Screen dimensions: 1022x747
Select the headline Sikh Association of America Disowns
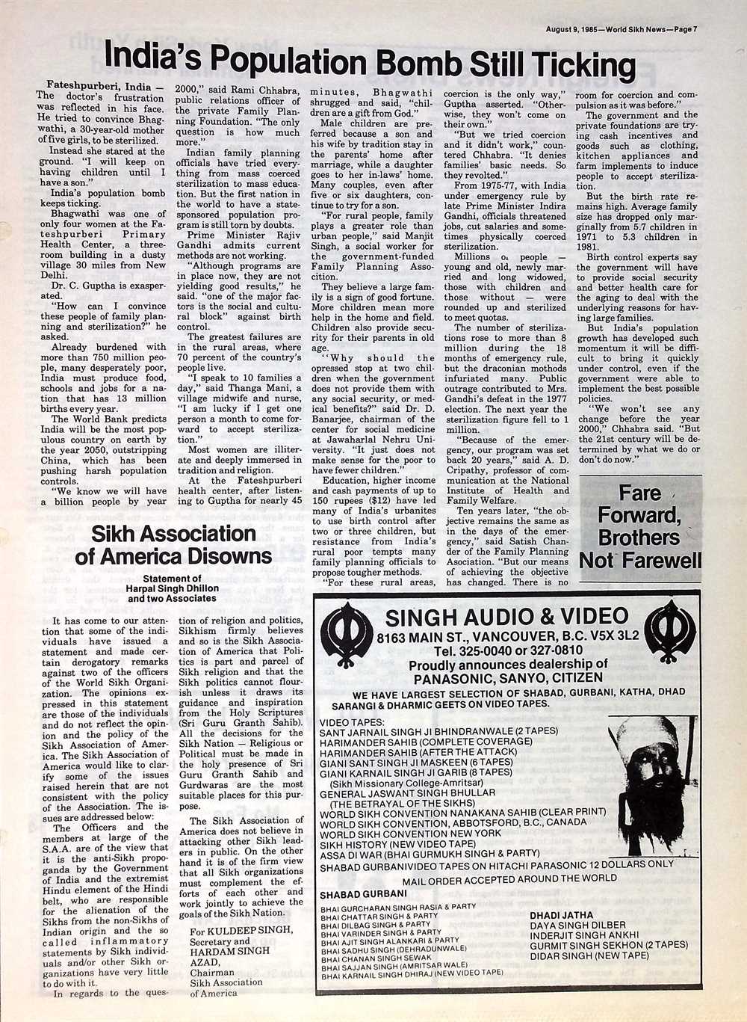[173, 545]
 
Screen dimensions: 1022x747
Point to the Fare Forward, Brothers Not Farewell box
[640, 526]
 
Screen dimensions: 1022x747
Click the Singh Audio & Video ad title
[506, 617]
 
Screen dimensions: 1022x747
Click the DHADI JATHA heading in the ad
[561, 914]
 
